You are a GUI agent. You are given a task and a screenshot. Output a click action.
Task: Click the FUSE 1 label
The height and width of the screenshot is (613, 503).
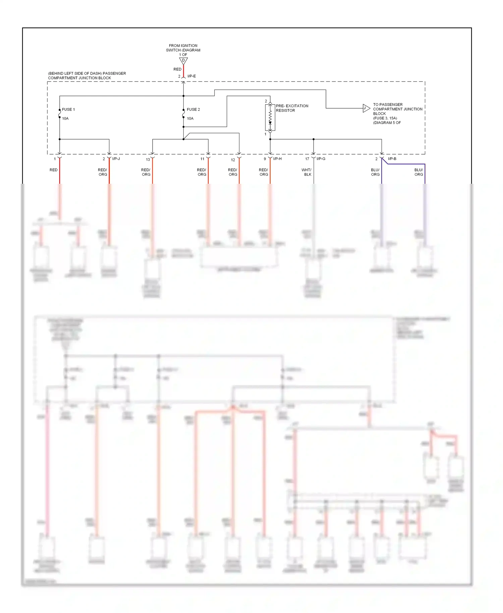[x=68, y=110]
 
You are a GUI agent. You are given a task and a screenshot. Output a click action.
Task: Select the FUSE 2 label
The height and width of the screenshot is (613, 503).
[x=193, y=110]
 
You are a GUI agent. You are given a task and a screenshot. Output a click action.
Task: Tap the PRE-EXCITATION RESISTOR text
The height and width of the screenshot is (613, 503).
[x=292, y=108]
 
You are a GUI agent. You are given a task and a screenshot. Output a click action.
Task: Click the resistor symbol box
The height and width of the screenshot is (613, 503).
[x=270, y=117]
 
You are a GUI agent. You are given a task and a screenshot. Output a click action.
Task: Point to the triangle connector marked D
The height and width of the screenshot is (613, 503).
[x=183, y=61]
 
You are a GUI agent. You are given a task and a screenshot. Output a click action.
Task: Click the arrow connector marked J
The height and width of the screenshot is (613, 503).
[x=366, y=108]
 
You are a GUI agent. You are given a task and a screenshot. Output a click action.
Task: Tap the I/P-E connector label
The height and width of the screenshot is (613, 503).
[x=191, y=76]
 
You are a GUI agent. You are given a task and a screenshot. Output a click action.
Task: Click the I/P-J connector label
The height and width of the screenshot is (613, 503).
[x=116, y=159]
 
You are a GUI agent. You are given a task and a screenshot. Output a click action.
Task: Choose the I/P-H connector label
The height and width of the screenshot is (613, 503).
[x=277, y=159]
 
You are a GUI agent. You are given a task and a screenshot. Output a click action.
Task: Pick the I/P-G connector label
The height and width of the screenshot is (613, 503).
[x=321, y=159]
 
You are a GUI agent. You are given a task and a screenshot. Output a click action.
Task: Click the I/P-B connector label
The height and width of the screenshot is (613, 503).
[x=392, y=159]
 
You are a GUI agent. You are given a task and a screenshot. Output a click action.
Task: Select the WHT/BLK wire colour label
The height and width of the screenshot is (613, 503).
[x=306, y=172]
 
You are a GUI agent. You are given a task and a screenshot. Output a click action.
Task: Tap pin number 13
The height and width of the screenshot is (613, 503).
[x=148, y=160]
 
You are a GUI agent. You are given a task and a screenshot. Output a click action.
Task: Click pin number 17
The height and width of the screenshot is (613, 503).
[x=307, y=159]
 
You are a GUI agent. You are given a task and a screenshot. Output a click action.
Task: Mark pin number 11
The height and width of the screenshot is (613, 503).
[x=202, y=159]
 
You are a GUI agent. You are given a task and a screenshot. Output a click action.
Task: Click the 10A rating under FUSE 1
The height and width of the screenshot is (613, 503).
[x=65, y=119]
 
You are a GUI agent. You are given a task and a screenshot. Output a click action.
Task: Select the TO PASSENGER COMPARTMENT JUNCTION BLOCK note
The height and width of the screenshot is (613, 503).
[x=397, y=114]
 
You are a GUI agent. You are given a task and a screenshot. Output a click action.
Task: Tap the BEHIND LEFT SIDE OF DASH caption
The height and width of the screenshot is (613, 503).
[x=87, y=76]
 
